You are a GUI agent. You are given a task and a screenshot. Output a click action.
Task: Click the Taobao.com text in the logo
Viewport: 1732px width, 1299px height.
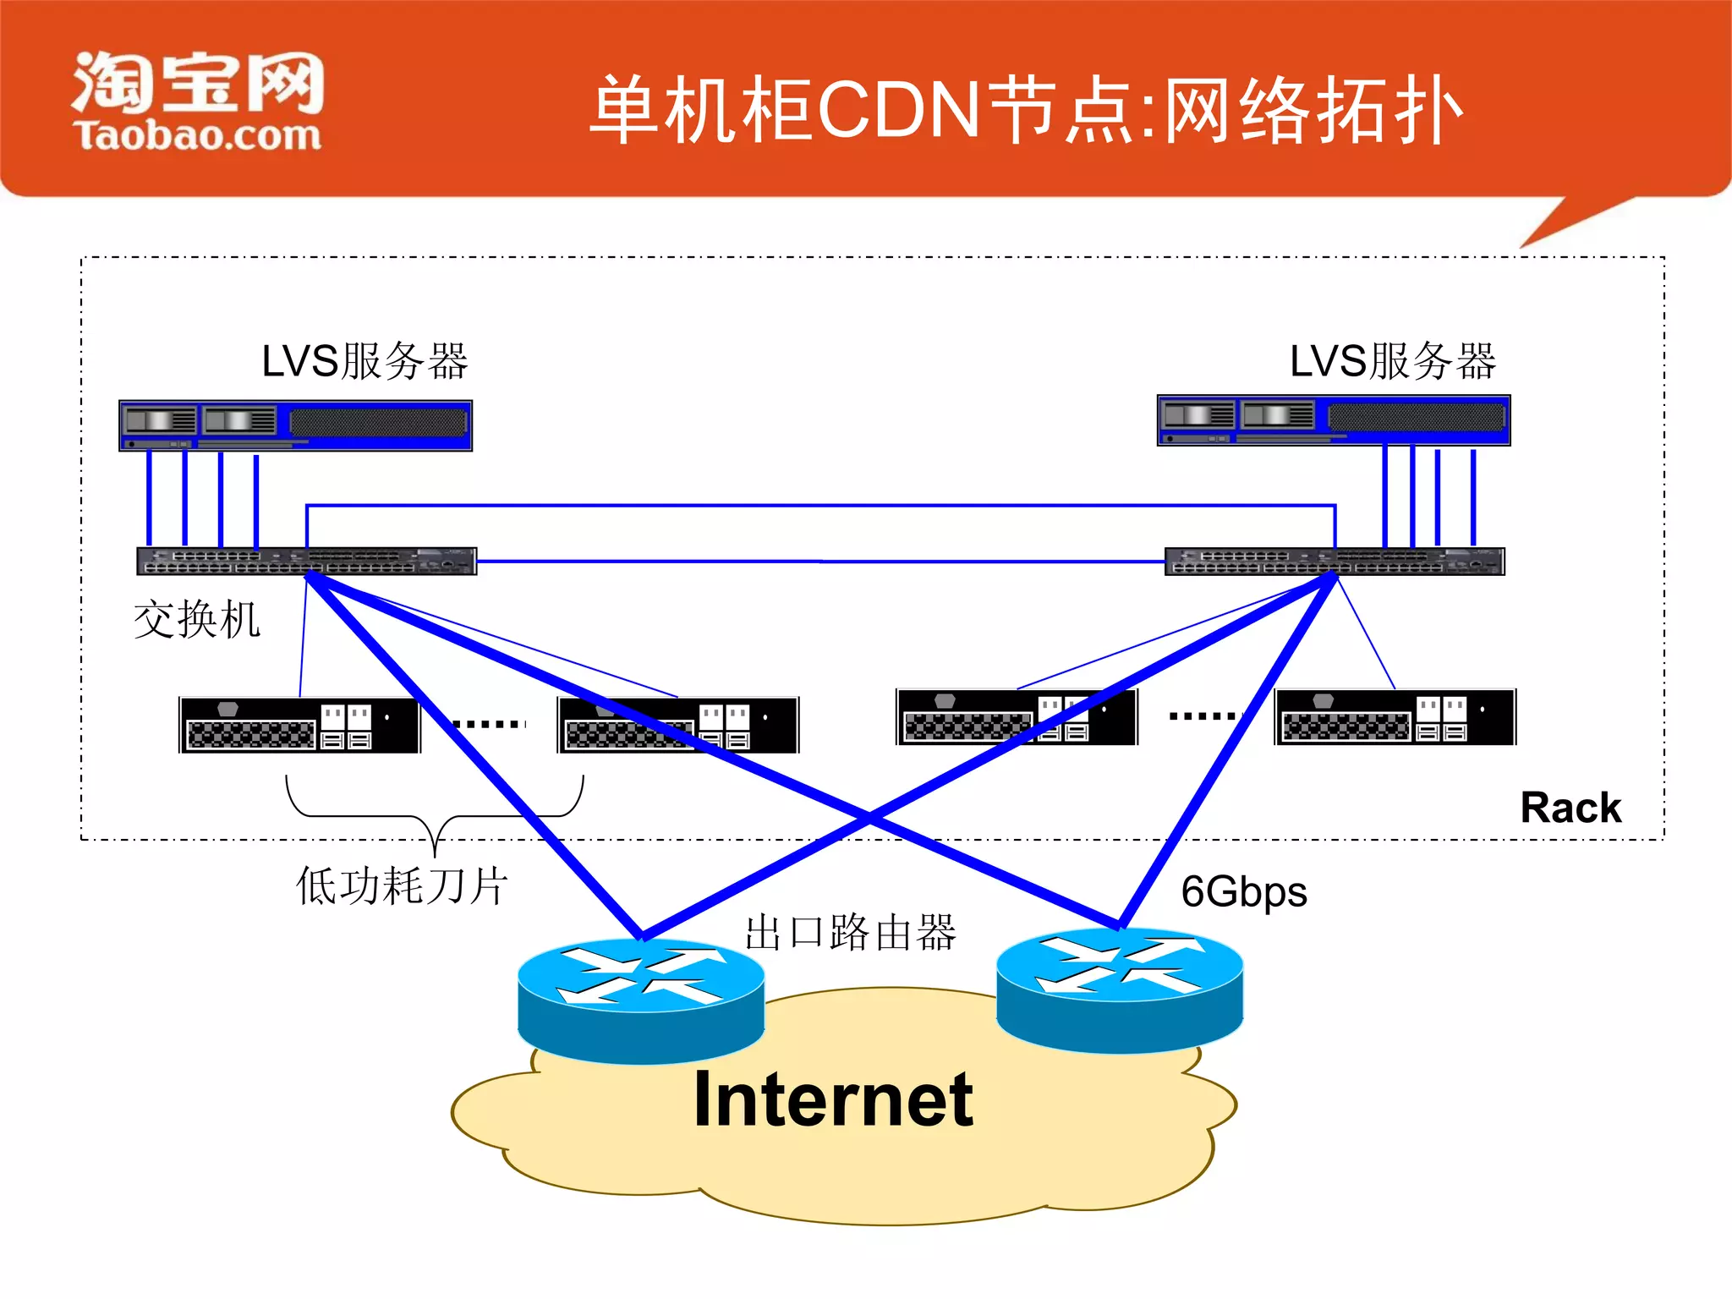pyautogui.click(x=197, y=136)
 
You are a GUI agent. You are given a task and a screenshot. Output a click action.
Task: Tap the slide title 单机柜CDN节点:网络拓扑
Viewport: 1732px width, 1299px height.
pyautogui.click(x=1025, y=110)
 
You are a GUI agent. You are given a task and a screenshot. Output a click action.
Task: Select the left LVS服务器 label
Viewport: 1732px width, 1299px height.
pyautogui.click(x=364, y=361)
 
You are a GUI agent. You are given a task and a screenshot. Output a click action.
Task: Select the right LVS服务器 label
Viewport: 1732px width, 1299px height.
pyautogui.click(x=1392, y=361)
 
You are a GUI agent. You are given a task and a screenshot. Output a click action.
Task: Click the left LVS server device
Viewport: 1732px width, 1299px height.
pyautogui.click(x=295, y=425)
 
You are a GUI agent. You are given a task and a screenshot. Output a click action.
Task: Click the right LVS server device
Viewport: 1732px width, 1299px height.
pyautogui.click(x=1333, y=420)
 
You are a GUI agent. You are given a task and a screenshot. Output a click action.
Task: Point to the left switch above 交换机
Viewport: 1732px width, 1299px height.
pyautogui.click(x=306, y=561)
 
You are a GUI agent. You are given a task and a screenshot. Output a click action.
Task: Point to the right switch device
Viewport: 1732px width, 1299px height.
pyautogui.click(x=1334, y=561)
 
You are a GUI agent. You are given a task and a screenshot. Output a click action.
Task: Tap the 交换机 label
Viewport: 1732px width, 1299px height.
pyautogui.click(x=196, y=619)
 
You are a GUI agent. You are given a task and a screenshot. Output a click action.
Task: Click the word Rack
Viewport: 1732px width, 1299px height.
pyautogui.click(x=1570, y=808)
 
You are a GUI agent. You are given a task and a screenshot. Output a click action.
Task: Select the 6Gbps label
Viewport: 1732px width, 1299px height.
pyautogui.click(x=1243, y=891)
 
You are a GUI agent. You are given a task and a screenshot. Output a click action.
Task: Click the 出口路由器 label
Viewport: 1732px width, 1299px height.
pyautogui.click(x=849, y=933)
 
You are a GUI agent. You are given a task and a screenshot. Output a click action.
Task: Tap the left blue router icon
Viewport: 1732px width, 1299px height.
pyautogui.click(x=641, y=1001)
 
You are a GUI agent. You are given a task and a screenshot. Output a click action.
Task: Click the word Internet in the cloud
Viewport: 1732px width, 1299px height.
pyautogui.click(x=833, y=1099)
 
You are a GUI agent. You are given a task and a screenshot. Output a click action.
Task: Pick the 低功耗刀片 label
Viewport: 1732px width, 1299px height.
pyautogui.click(x=402, y=885)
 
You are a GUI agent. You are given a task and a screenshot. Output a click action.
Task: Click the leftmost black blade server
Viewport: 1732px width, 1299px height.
pyautogui.click(x=299, y=725)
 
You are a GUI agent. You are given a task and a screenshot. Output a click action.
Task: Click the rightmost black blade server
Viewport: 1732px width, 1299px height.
pyautogui.click(x=1395, y=717)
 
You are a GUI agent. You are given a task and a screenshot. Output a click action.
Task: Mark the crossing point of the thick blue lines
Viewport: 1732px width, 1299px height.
pyautogui.click(x=869, y=818)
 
